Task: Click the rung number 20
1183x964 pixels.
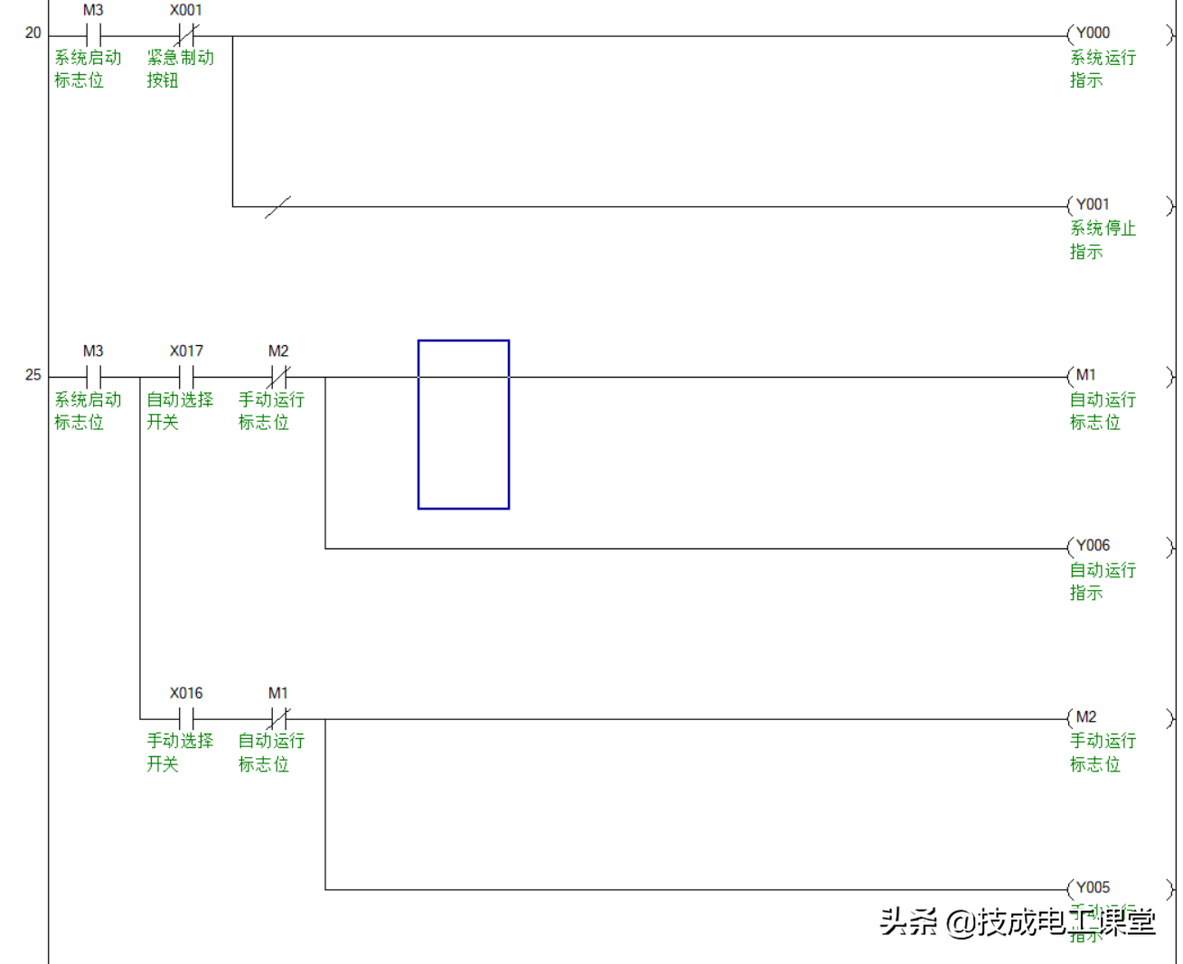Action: click(x=33, y=33)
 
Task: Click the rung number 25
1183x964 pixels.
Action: click(x=33, y=375)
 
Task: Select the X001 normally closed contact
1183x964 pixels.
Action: click(x=186, y=36)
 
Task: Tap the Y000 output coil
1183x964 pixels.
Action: click(x=1120, y=35)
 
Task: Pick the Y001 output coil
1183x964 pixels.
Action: click(x=1120, y=206)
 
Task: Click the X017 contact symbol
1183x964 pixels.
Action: click(x=186, y=377)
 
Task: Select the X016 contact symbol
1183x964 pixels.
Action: click(x=186, y=719)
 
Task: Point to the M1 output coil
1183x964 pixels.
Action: click(x=1120, y=377)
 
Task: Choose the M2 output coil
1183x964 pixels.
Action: click(x=1120, y=719)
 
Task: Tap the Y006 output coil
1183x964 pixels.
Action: click(x=1120, y=548)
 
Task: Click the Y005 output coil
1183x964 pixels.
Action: click(x=1120, y=889)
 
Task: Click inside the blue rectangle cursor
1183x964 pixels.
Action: click(x=464, y=425)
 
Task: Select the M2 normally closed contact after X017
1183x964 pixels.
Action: click(x=278, y=377)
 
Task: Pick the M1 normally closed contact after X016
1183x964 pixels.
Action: click(x=278, y=719)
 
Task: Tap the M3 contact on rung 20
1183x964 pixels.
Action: click(x=93, y=36)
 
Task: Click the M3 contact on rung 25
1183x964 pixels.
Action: click(x=93, y=377)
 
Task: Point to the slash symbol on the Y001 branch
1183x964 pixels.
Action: click(x=277, y=207)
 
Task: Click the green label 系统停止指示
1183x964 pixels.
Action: click(x=1102, y=240)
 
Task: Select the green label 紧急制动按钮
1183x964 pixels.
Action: click(x=180, y=69)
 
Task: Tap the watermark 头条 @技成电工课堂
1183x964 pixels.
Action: click(x=1017, y=922)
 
